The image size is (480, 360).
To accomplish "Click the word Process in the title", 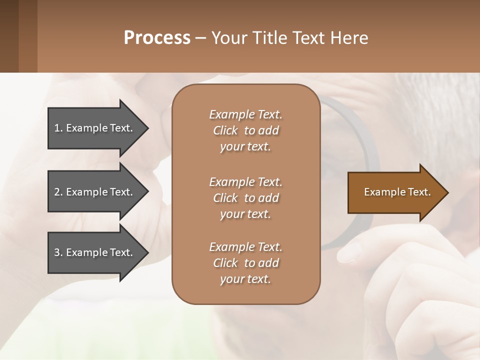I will pyautogui.click(x=157, y=38).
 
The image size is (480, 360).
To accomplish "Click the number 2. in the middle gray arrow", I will pyautogui.click(x=58, y=192).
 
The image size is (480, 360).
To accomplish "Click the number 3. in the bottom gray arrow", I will pyautogui.click(x=58, y=252).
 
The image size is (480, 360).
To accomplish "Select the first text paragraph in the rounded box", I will pyautogui.click(x=245, y=130).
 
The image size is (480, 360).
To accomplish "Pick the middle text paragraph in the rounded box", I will pyautogui.click(x=245, y=198).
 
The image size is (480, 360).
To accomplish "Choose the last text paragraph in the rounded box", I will pyautogui.click(x=245, y=263).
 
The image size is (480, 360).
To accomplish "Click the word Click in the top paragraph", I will pyautogui.click(x=225, y=130).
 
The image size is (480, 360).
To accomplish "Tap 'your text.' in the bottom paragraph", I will pyautogui.click(x=245, y=279).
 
